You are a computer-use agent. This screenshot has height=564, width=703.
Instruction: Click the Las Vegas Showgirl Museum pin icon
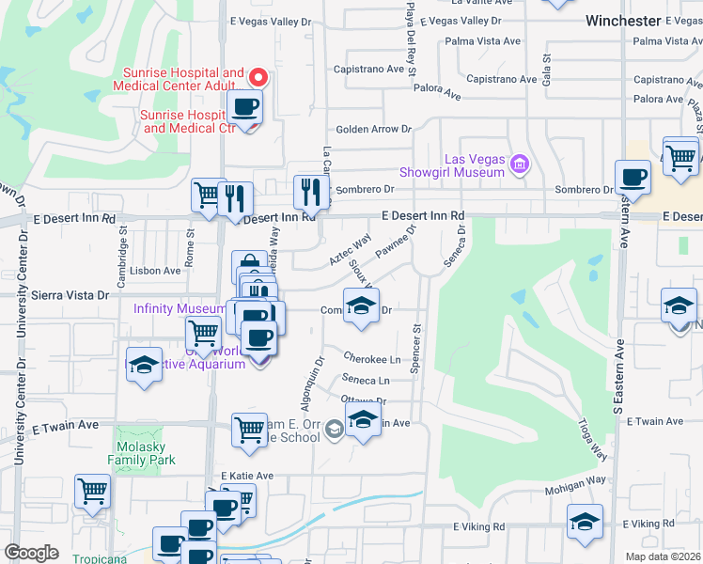click(x=518, y=166)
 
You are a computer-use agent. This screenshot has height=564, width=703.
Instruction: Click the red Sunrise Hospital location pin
click(x=258, y=77)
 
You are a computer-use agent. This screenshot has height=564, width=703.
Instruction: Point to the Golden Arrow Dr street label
click(x=367, y=129)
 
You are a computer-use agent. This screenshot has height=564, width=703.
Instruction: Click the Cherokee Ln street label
click(x=371, y=359)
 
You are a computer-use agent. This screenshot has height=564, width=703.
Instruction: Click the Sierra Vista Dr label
click(x=70, y=294)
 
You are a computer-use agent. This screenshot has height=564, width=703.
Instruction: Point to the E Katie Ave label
click(x=247, y=477)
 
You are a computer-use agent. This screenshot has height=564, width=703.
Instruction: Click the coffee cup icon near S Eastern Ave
click(x=633, y=176)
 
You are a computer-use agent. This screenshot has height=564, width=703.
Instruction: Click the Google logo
click(x=31, y=553)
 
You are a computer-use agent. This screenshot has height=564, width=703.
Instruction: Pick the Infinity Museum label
click(x=179, y=308)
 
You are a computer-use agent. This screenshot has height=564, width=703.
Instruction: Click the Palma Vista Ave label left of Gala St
click(x=482, y=41)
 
